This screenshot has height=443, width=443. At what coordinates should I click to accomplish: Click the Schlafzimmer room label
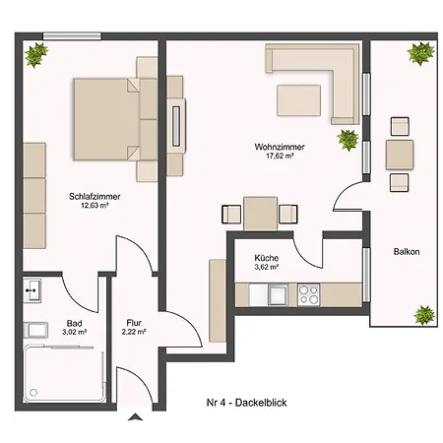point(95,196)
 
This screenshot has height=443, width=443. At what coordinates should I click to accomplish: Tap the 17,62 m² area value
point(280,156)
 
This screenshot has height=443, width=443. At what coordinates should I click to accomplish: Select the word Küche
point(267,258)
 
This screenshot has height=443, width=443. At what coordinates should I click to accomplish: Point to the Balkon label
point(407,252)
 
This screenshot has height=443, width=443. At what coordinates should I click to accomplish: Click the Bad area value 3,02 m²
point(75,332)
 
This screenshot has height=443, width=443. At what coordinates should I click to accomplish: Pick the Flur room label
point(134,323)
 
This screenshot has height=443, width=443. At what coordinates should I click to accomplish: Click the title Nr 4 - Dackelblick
point(247,403)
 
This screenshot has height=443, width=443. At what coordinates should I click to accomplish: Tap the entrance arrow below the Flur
point(135,417)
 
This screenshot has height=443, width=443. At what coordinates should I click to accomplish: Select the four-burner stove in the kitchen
point(308,294)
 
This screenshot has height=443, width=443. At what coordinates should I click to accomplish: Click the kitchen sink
point(278,294)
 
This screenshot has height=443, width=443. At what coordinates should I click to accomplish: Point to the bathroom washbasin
point(32,290)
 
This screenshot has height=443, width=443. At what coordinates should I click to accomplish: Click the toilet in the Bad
point(35,330)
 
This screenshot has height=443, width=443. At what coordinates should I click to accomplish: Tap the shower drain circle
point(33,392)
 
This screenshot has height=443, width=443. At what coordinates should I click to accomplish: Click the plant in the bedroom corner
point(36,54)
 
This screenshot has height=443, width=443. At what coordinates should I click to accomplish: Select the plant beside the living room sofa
point(348,140)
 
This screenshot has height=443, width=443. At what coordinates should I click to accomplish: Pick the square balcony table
point(400,155)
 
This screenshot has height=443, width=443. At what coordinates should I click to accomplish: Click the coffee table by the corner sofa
point(298,100)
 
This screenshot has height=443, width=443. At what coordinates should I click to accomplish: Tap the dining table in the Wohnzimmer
point(261,214)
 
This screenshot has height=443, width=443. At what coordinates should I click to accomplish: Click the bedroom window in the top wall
point(72,35)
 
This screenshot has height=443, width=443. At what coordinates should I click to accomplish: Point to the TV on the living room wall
point(176,126)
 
